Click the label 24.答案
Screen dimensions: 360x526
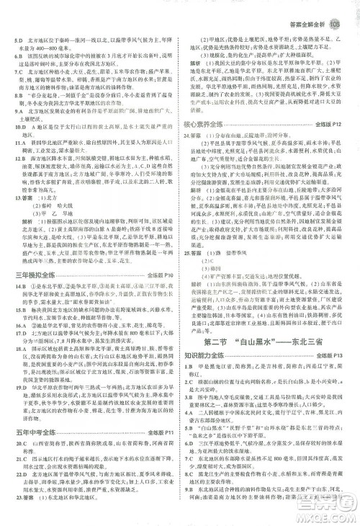(x=193, y=136)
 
